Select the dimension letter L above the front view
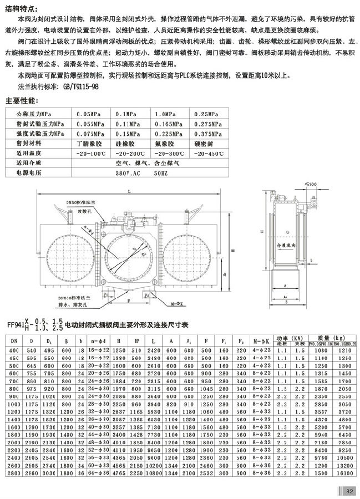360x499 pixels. [129, 191]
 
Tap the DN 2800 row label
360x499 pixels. [14, 474]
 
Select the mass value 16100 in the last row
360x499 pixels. [343, 474]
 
